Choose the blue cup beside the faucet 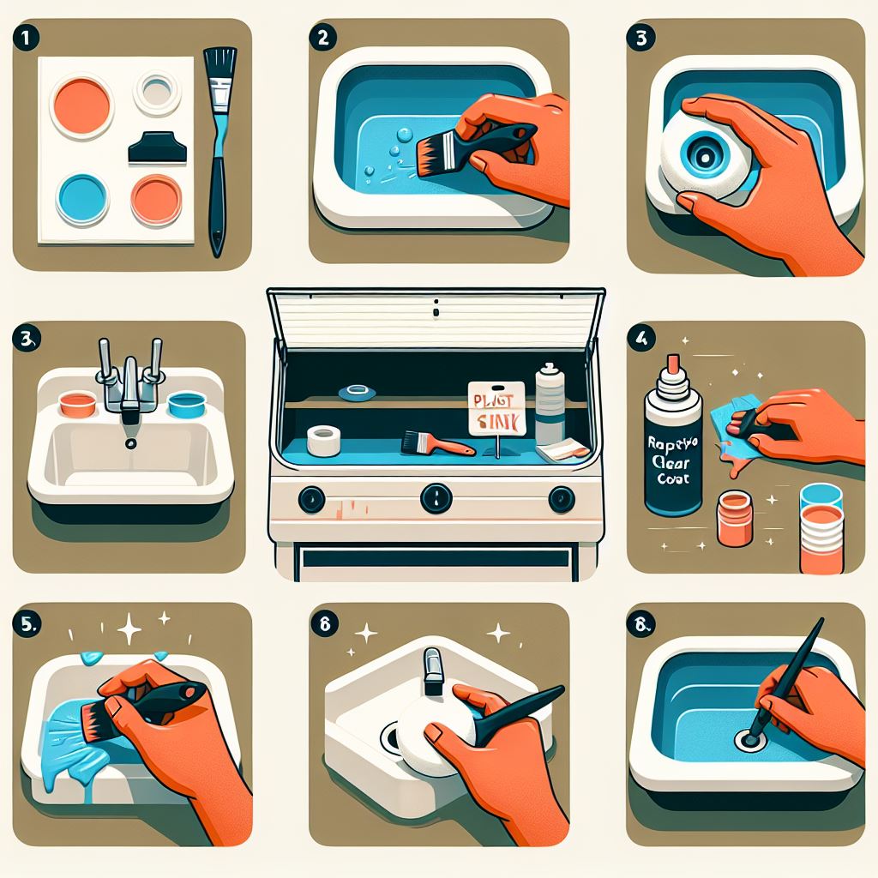pyautogui.click(x=184, y=403)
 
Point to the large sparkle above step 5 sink pyautogui.click(x=130, y=631)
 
